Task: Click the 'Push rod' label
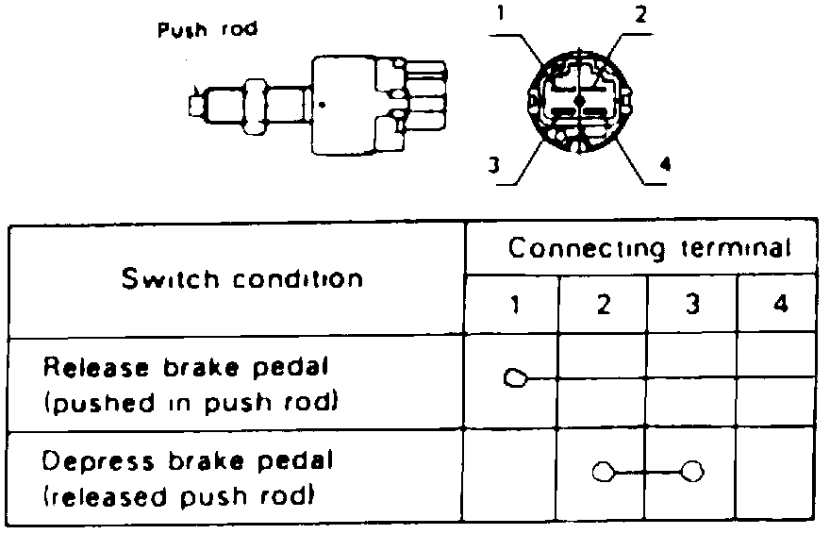tap(207, 29)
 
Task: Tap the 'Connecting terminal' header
tap(649, 249)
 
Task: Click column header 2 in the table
tap(603, 307)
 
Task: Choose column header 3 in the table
tap(691, 307)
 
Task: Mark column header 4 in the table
tap(780, 307)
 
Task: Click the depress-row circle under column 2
tap(602, 471)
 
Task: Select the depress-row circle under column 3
tap(693, 471)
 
